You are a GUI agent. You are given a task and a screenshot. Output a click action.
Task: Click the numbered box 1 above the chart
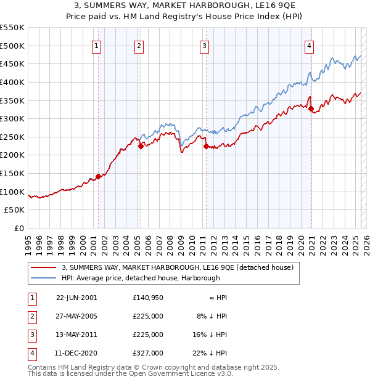97,45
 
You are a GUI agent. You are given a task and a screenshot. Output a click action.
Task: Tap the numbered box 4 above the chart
308,45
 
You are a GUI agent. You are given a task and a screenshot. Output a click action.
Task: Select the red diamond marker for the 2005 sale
141,146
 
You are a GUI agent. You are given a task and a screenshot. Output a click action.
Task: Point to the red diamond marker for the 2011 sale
205,146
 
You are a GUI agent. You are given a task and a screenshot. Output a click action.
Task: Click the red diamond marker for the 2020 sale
311,109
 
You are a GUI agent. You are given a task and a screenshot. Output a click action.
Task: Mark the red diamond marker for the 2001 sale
98,177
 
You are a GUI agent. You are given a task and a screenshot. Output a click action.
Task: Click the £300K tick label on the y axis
12,118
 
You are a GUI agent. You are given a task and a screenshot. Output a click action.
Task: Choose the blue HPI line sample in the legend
44,278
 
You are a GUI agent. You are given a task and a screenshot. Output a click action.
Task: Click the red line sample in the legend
44,267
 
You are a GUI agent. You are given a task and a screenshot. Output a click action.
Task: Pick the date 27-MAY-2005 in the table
76,316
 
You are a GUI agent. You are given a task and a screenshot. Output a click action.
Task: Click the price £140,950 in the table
148,298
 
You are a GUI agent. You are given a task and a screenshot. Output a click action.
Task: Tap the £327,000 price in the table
148,353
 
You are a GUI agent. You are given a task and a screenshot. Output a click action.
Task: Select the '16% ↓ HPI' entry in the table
208,335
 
